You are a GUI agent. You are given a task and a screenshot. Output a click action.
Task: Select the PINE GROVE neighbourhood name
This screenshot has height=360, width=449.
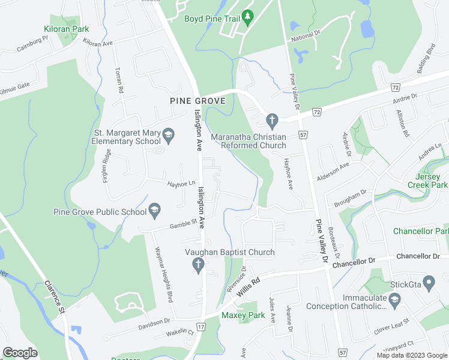197,101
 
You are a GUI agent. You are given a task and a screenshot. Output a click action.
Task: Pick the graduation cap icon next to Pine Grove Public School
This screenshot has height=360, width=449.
154,211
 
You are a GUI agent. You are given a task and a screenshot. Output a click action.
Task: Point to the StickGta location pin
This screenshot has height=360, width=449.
429,281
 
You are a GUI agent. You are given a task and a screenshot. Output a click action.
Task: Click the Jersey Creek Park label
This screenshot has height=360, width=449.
432,181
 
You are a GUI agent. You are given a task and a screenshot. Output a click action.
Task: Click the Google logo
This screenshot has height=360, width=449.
20,353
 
